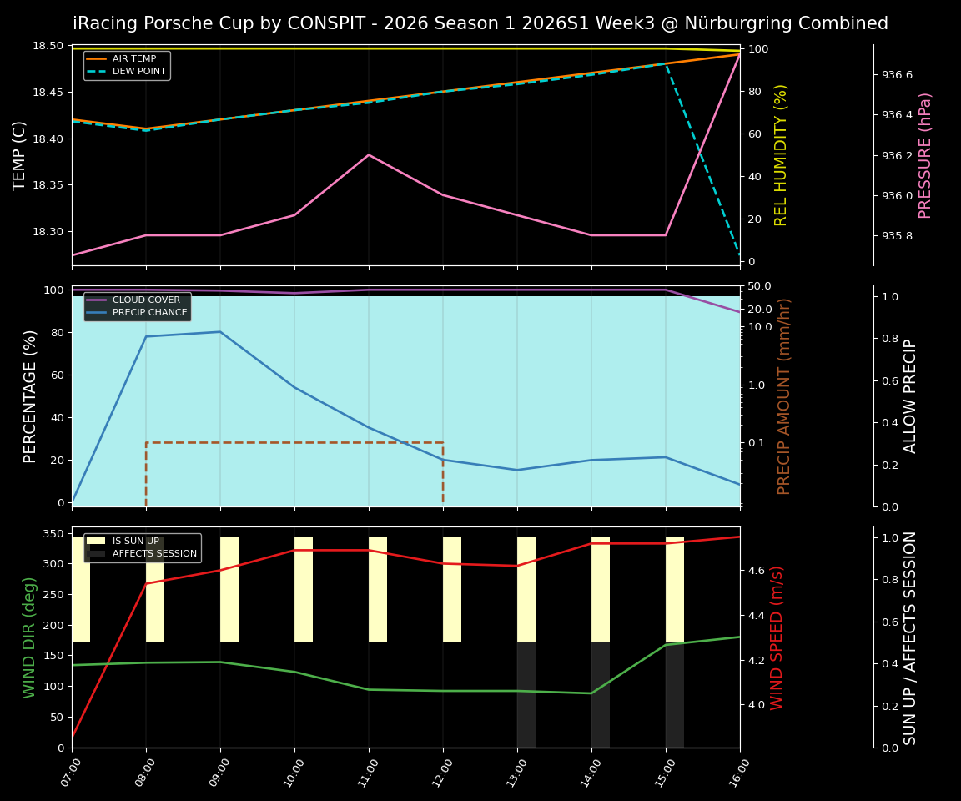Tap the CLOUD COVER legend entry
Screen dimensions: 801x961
pyautogui.click(x=138, y=300)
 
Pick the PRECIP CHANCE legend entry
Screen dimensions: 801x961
pyautogui.click(x=138, y=312)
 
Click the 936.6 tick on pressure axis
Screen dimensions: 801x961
pyautogui.click(x=897, y=75)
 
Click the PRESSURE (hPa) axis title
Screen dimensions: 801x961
pyautogui.click(x=925, y=155)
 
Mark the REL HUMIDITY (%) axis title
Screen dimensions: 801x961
pyautogui.click(x=781, y=155)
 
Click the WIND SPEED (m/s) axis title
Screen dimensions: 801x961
pyautogui.click(x=777, y=637)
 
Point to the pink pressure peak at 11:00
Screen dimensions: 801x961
pyautogui.click(x=369, y=154)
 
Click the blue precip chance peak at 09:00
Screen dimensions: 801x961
pyautogui.click(x=220, y=332)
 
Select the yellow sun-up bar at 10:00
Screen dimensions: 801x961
pyautogui.click(x=304, y=589)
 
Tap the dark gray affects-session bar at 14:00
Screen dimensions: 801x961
pyautogui.click(x=601, y=694)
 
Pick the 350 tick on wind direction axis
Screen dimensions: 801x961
pyautogui.click(x=54, y=533)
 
